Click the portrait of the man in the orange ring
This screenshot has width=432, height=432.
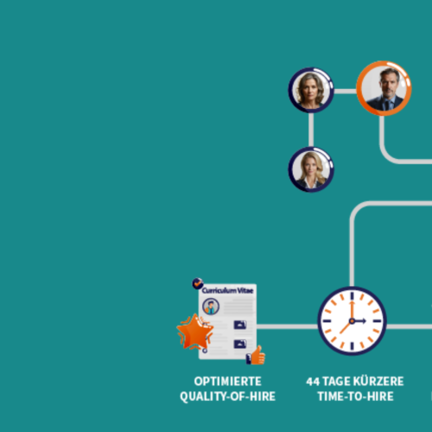384,88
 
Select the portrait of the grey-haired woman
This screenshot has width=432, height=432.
311,90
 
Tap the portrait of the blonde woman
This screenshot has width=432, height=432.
311,169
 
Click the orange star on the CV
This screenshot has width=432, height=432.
195,332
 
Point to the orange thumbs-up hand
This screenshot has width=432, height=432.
258,355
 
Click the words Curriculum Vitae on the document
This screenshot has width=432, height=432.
227,290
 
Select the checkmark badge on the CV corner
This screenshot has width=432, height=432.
198,283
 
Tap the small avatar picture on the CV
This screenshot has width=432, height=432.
211,306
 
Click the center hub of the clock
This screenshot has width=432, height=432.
352,321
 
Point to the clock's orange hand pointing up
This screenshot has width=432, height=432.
352,310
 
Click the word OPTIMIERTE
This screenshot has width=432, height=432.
228,381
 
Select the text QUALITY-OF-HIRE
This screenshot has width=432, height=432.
228,397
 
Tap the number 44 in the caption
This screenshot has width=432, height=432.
313,382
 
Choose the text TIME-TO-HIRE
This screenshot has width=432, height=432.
356,397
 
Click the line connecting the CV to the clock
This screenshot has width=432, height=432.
287,327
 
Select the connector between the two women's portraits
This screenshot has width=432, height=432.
311,130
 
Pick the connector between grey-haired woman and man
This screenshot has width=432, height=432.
345,92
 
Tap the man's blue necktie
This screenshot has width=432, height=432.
387,105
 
